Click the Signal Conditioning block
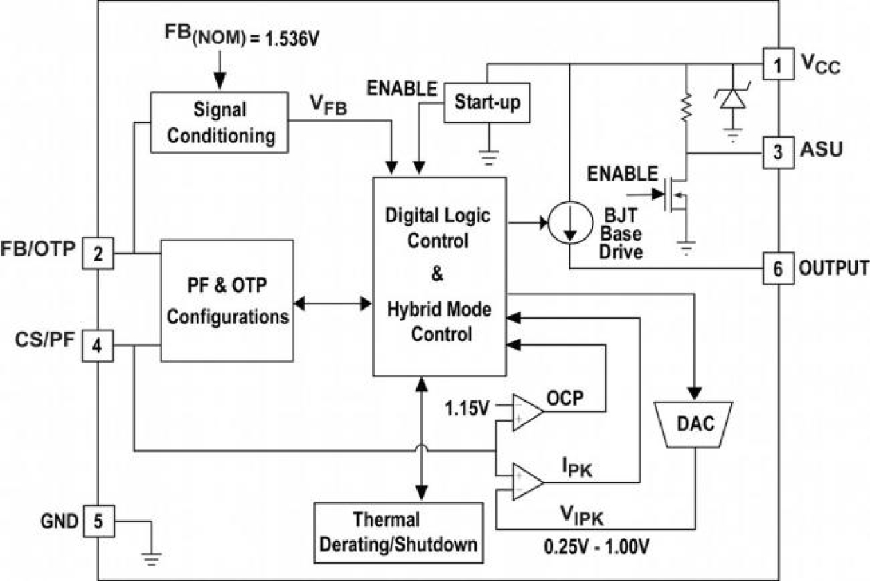tap(220, 123)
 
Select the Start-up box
tap(488, 102)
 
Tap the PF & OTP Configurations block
tap(227, 300)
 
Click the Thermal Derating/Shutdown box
tap(398, 532)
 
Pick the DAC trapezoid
tap(695, 423)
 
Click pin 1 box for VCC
tap(778, 66)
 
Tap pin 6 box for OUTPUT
tap(778, 269)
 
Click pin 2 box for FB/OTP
tap(98, 253)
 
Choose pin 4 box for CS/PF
tap(98, 346)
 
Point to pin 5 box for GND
tap(98, 520)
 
